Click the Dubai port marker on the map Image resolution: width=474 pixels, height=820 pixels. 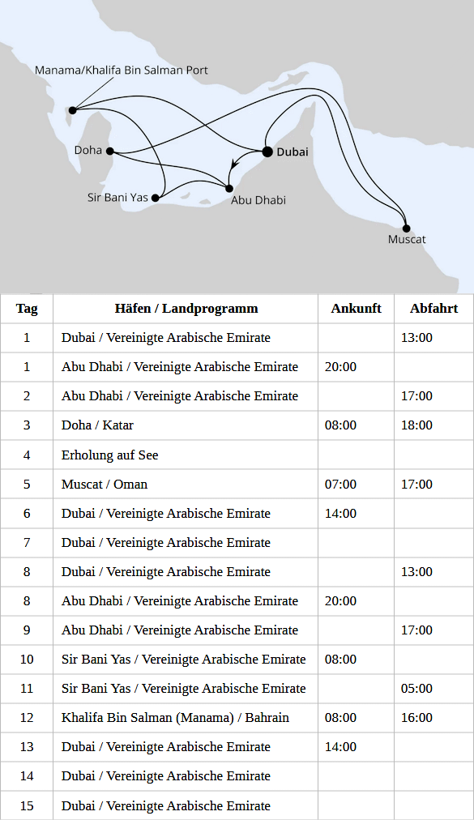point(267,152)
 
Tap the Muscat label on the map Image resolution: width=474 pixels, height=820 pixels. point(407,240)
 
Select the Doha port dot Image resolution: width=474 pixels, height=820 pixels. point(109,151)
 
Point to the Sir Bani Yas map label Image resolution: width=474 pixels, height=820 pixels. point(117,197)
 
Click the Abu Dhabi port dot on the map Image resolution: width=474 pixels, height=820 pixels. point(229,189)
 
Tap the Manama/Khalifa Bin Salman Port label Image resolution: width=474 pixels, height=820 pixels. point(122,70)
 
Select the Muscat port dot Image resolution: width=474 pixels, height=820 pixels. point(406,228)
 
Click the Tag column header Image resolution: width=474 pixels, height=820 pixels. point(27,308)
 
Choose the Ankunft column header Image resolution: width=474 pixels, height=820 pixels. point(356,308)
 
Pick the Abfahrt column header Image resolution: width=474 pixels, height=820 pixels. point(433,308)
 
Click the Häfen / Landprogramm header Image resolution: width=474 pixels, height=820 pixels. point(186,308)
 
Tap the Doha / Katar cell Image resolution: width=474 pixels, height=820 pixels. point(98,425)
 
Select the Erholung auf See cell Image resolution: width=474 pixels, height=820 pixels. point(110,455)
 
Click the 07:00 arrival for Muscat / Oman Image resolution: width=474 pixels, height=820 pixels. point(340,484)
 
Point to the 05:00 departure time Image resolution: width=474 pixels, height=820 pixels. point(416,688)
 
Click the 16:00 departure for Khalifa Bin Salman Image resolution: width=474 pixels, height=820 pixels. point(416,717)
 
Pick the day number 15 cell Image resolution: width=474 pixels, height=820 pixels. point(27,805)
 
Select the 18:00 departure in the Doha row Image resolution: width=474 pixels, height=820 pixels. point(416,425)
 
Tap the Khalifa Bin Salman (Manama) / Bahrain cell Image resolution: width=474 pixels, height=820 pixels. point(175,717)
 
